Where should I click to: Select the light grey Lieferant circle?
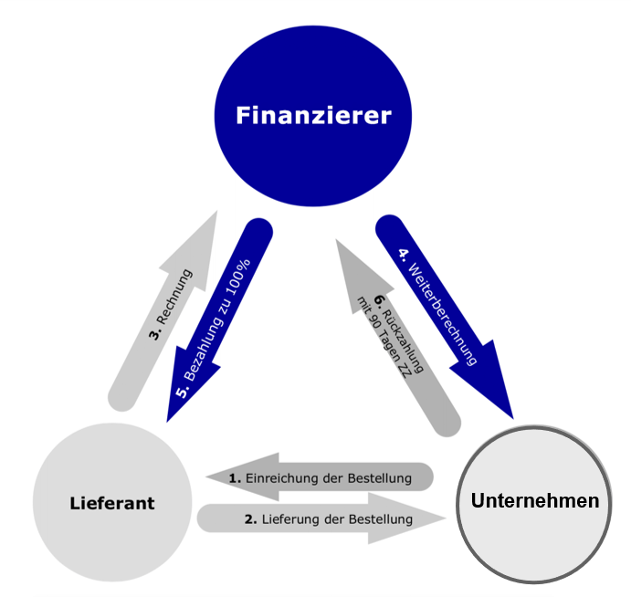[111, 502]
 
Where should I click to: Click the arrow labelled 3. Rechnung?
[164, 315]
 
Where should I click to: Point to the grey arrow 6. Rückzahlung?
[393, 333]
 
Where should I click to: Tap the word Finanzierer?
[314, 116]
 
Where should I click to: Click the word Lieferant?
[111, 503]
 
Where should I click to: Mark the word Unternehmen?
[535, 501]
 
